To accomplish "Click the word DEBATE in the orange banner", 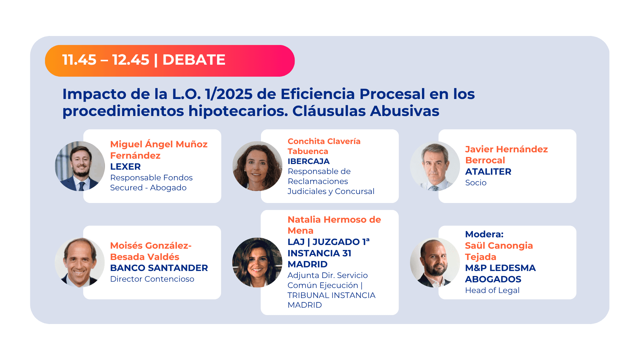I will [194, 60].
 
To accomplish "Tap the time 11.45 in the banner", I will [79, 60].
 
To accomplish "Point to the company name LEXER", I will [125, 167].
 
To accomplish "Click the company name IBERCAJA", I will [308, 161].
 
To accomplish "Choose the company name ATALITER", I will [488, 172].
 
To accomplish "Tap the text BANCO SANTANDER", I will [159, 268].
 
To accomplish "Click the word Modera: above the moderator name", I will [484, 234].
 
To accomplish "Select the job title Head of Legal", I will [492, 290].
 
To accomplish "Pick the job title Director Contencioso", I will [152, 279].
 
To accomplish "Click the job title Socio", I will [476, 183].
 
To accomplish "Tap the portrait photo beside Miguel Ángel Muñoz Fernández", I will [80, 166].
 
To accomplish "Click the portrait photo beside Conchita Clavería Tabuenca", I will [257, 166].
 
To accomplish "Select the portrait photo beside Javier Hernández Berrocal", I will [435, 166].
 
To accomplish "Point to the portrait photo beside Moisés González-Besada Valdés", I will [80, 262].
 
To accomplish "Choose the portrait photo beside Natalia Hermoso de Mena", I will [257, 262].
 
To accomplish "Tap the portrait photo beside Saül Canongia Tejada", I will [435, 262].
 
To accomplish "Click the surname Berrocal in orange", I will [485, 160].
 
